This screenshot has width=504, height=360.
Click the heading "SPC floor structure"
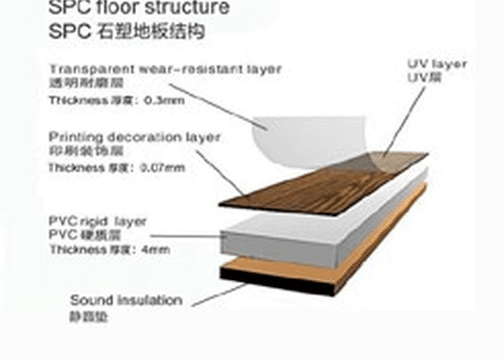[139, 8]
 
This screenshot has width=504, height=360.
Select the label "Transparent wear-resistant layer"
[166, 69]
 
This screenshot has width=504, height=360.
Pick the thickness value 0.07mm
[165, 168]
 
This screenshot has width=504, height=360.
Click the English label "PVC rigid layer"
[97, 220]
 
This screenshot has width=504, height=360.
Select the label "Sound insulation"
[126, 300]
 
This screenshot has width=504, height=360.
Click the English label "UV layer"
[437, 64]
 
